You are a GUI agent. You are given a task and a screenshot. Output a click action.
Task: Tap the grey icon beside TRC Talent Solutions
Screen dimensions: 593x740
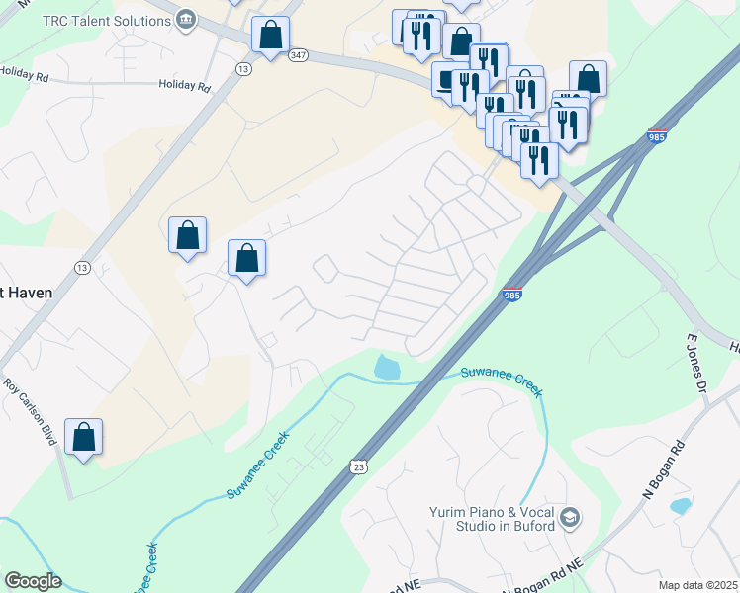pos(186,20)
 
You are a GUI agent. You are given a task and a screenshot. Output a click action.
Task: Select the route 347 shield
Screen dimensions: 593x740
pos(299,56)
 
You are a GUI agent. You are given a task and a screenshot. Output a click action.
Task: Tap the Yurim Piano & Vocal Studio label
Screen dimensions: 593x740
pos(491,517)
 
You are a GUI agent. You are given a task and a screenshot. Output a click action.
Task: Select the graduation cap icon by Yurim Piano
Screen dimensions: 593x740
pos(570,517)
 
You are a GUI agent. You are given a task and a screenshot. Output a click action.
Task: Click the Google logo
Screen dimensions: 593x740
pos(33,581)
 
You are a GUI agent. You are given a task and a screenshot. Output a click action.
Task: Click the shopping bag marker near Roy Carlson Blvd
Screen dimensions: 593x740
pos(84,437)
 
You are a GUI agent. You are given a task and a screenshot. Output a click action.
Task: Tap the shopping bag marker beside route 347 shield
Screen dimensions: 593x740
pos(270,37)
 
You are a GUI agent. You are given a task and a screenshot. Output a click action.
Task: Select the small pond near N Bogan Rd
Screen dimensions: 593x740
pos(680,506)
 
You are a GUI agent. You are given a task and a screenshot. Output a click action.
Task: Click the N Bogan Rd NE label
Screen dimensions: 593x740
pos(541,576)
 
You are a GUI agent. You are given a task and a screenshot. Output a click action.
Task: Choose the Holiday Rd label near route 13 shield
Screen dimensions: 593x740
pos(185,86)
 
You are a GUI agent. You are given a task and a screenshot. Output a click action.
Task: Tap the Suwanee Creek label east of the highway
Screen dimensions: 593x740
pos(502,379)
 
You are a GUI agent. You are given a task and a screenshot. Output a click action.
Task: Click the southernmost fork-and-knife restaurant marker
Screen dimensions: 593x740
pos(539,159)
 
